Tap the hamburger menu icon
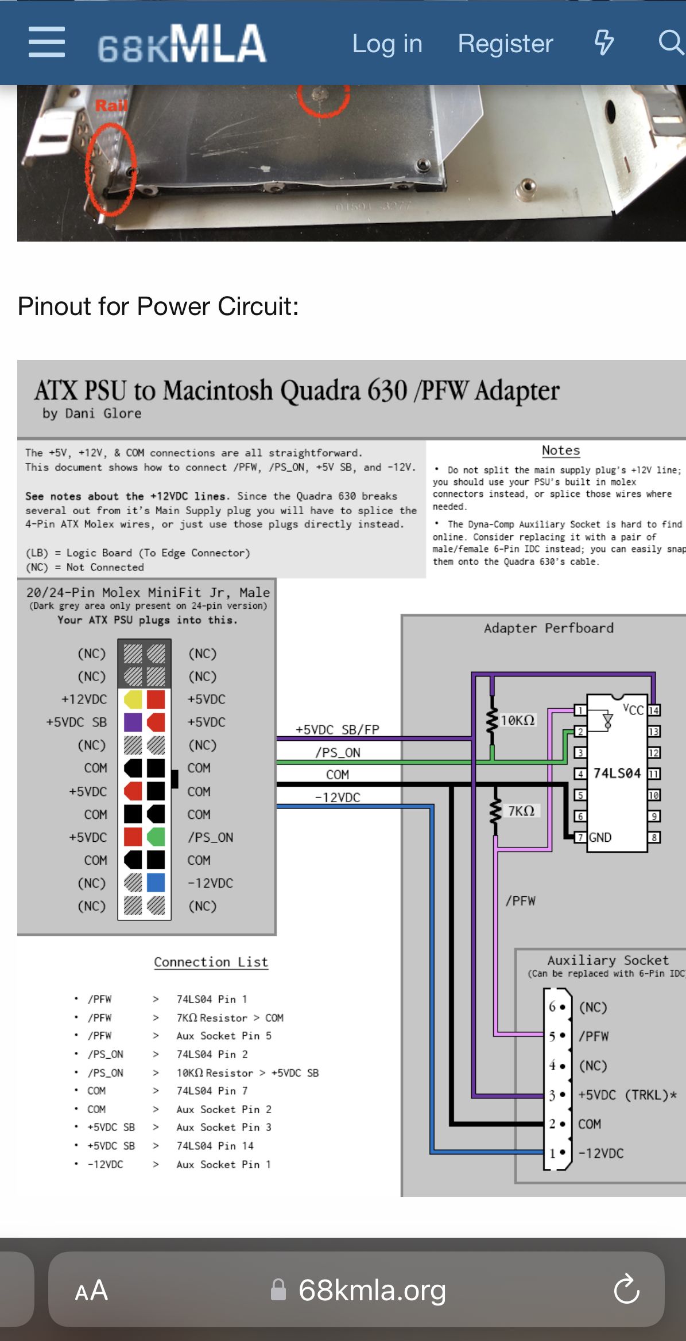46,42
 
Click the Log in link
387,44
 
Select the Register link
505,44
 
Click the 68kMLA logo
182,44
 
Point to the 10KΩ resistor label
517,720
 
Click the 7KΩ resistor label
521,811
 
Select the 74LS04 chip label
617,773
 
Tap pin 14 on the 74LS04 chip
654,710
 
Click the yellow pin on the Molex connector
133,699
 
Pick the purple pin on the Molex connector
133,722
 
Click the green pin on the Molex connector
156,837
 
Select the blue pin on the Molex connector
156,883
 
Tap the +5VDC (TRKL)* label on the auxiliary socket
627,1095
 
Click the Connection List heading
211,962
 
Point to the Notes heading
561,450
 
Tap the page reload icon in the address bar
626,1289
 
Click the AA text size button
91,1291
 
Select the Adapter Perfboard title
548,628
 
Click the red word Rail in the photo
111,106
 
